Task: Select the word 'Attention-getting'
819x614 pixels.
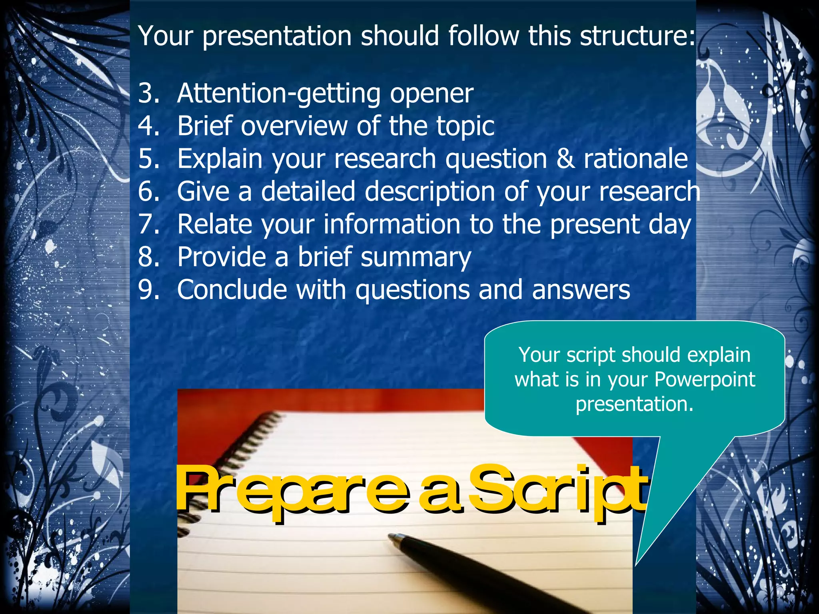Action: (279, 94)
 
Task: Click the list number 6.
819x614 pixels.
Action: (149, 191)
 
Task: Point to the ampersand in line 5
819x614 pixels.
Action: (565, 159)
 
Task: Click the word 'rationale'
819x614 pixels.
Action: (635, 159)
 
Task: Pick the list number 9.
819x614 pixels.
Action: (149, 290)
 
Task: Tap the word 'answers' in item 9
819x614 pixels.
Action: (581, 290)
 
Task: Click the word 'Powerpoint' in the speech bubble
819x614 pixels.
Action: (705, 379)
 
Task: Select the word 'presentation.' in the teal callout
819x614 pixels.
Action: (635, 404)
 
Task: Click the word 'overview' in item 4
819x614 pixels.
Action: (294, 126)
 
